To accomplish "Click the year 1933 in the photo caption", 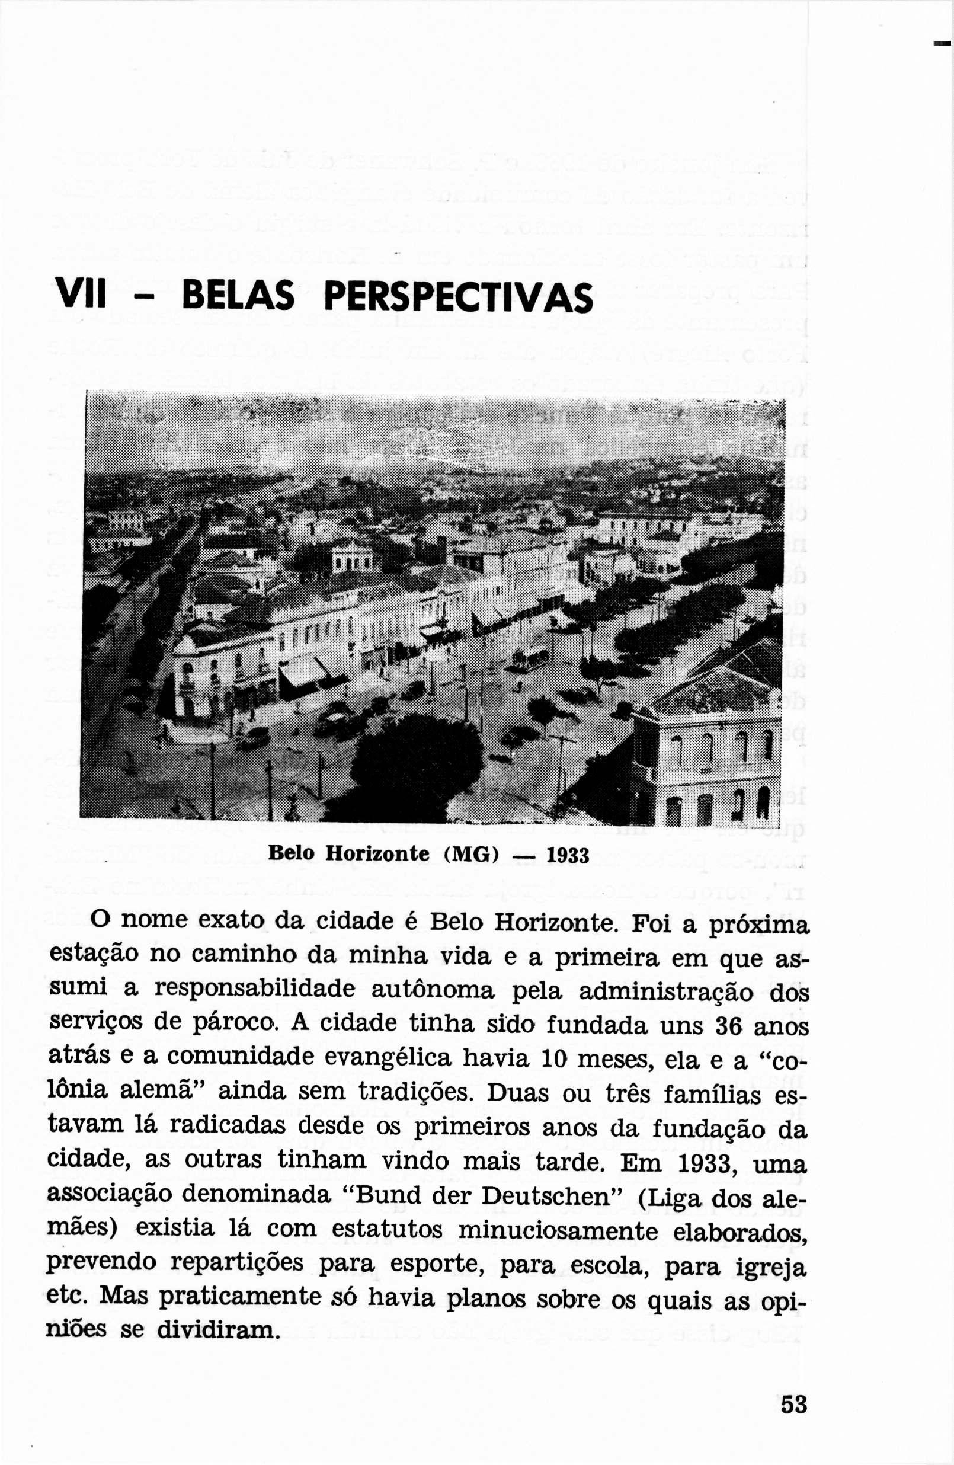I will pyautogui.click(x=568, y=855).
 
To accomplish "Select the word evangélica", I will pyautogui.click(x=388, y=1056).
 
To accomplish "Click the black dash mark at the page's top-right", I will pyautogui.click(x=942, y=43).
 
